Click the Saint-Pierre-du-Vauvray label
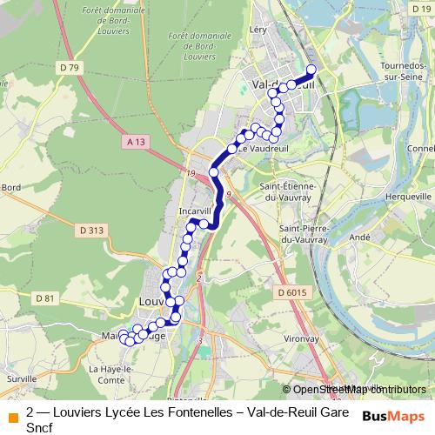coord(303,234)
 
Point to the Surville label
coord(21,379)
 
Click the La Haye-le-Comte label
coord(109,374)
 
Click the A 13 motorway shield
coord(134,140)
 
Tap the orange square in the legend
coord(12,417)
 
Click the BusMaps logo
coord(393,417)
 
